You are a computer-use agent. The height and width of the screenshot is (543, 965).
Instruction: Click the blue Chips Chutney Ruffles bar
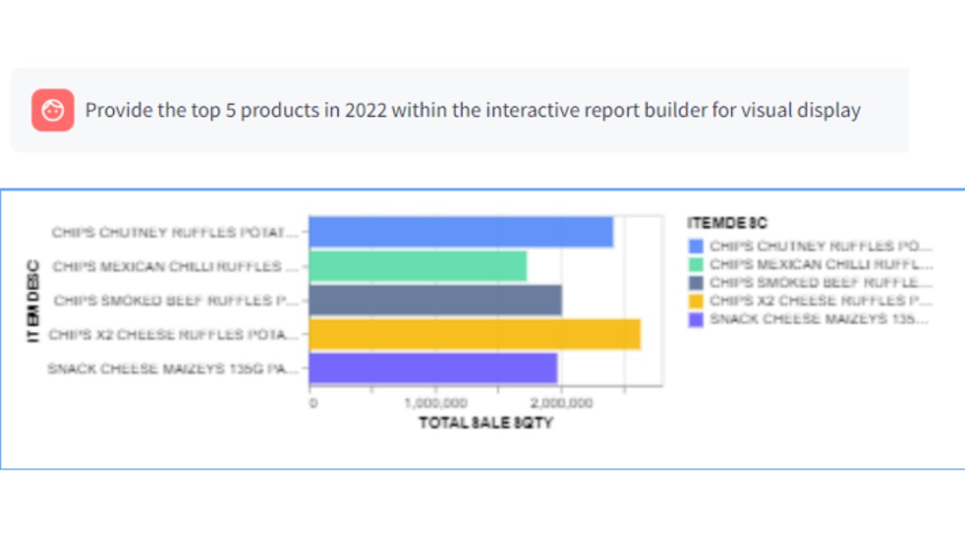point(461,232)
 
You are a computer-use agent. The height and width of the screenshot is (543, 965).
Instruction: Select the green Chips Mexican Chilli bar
point(418,266)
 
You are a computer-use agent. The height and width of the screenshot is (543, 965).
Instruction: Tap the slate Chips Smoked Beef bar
point(435,300)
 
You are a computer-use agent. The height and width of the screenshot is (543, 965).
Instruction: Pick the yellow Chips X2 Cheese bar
point(474,334)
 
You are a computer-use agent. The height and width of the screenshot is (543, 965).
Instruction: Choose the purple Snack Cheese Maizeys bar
point(433,368)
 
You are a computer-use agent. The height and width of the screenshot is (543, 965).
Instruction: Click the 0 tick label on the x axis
point(314,403)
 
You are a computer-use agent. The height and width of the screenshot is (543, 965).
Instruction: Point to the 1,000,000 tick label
point(434,403)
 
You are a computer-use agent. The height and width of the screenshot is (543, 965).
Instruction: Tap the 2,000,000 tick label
point(561,403)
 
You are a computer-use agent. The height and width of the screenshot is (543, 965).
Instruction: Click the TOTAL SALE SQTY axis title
point(486,423)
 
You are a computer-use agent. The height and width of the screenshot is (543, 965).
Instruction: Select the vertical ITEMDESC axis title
point(33,300)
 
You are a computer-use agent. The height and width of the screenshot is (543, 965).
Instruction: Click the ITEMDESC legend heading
point(727,223)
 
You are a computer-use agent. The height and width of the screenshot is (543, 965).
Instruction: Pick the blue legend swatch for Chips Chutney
point(696,247)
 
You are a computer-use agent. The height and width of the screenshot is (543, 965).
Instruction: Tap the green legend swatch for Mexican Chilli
point(696,265)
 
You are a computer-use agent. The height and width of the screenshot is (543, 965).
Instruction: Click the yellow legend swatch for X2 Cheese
point(696,301)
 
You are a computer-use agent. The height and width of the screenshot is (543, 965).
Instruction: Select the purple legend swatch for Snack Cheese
point(696,319)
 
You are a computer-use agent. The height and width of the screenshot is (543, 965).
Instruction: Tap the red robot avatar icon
point(53,110)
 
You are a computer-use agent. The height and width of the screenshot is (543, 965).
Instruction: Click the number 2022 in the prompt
point(366,110)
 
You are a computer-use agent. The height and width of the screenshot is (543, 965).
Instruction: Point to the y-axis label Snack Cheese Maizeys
point(173,369)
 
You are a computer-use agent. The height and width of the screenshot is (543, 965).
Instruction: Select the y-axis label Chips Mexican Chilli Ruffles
point(176,267)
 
